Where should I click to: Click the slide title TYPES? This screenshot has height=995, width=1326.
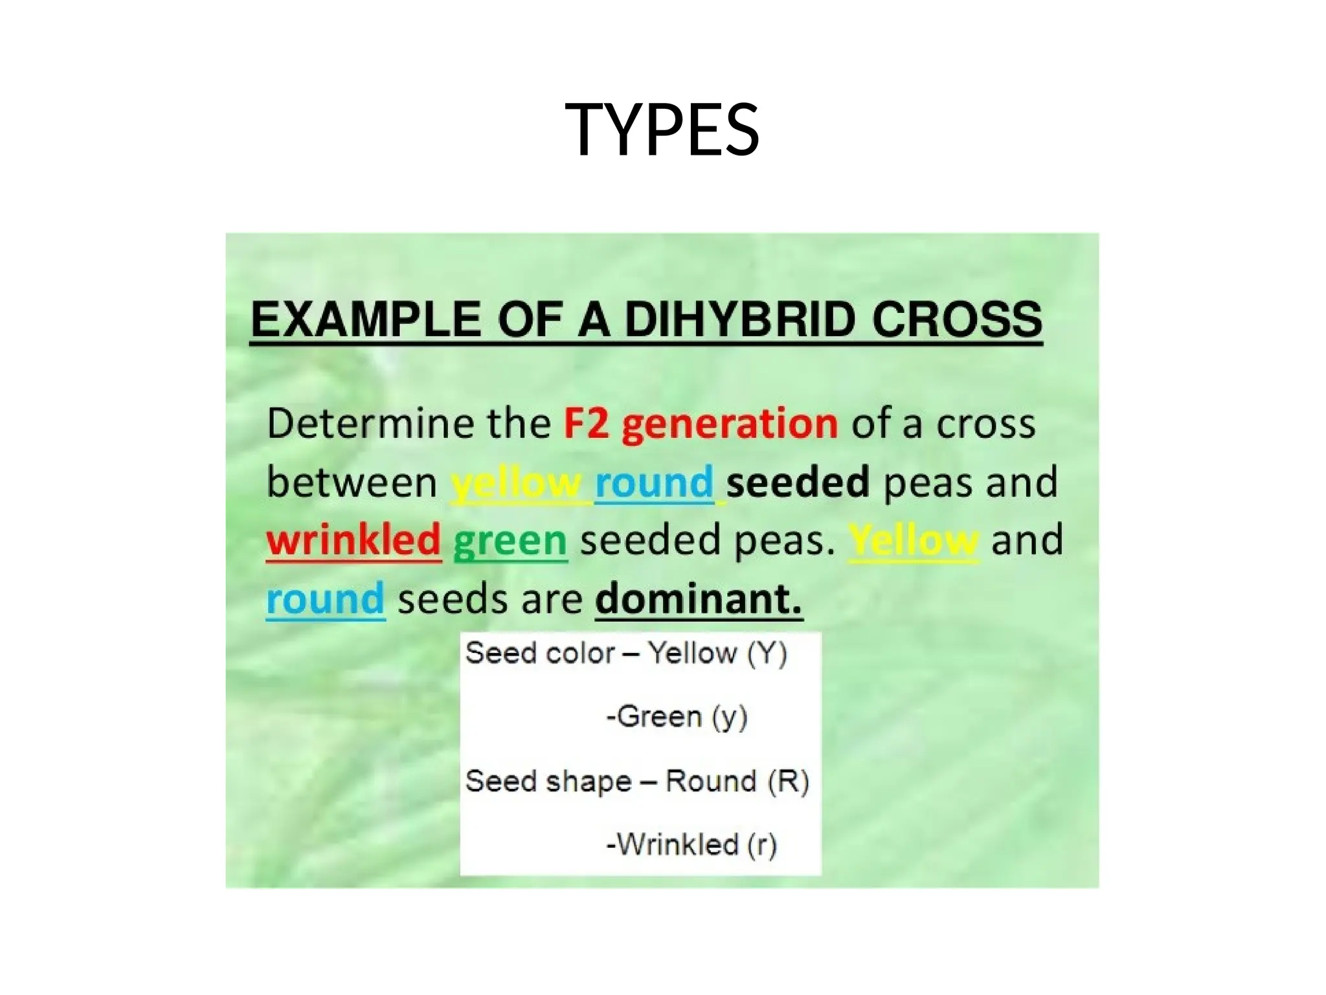point(662,130)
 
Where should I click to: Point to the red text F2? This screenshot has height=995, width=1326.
point(586,424)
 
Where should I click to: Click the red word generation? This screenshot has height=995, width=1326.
point(730,425)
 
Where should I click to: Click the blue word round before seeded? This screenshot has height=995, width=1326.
point(654,483)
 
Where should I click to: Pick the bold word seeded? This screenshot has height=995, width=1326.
point(797,483)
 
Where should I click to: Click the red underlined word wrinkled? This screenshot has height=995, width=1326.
point(354,540)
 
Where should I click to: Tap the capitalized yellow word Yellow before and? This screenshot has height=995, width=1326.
point(913,540)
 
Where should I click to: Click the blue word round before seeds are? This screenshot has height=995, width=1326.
point(326,599)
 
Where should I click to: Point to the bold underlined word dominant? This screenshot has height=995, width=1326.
point(698,599)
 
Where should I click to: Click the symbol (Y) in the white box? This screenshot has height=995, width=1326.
point(767,653)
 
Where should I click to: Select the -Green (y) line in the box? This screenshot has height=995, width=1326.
point(677,716)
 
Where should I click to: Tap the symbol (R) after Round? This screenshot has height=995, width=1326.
point(788,781)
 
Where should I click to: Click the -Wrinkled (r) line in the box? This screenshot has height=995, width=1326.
point(691,845)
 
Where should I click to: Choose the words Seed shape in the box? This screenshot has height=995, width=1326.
point(548,781)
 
